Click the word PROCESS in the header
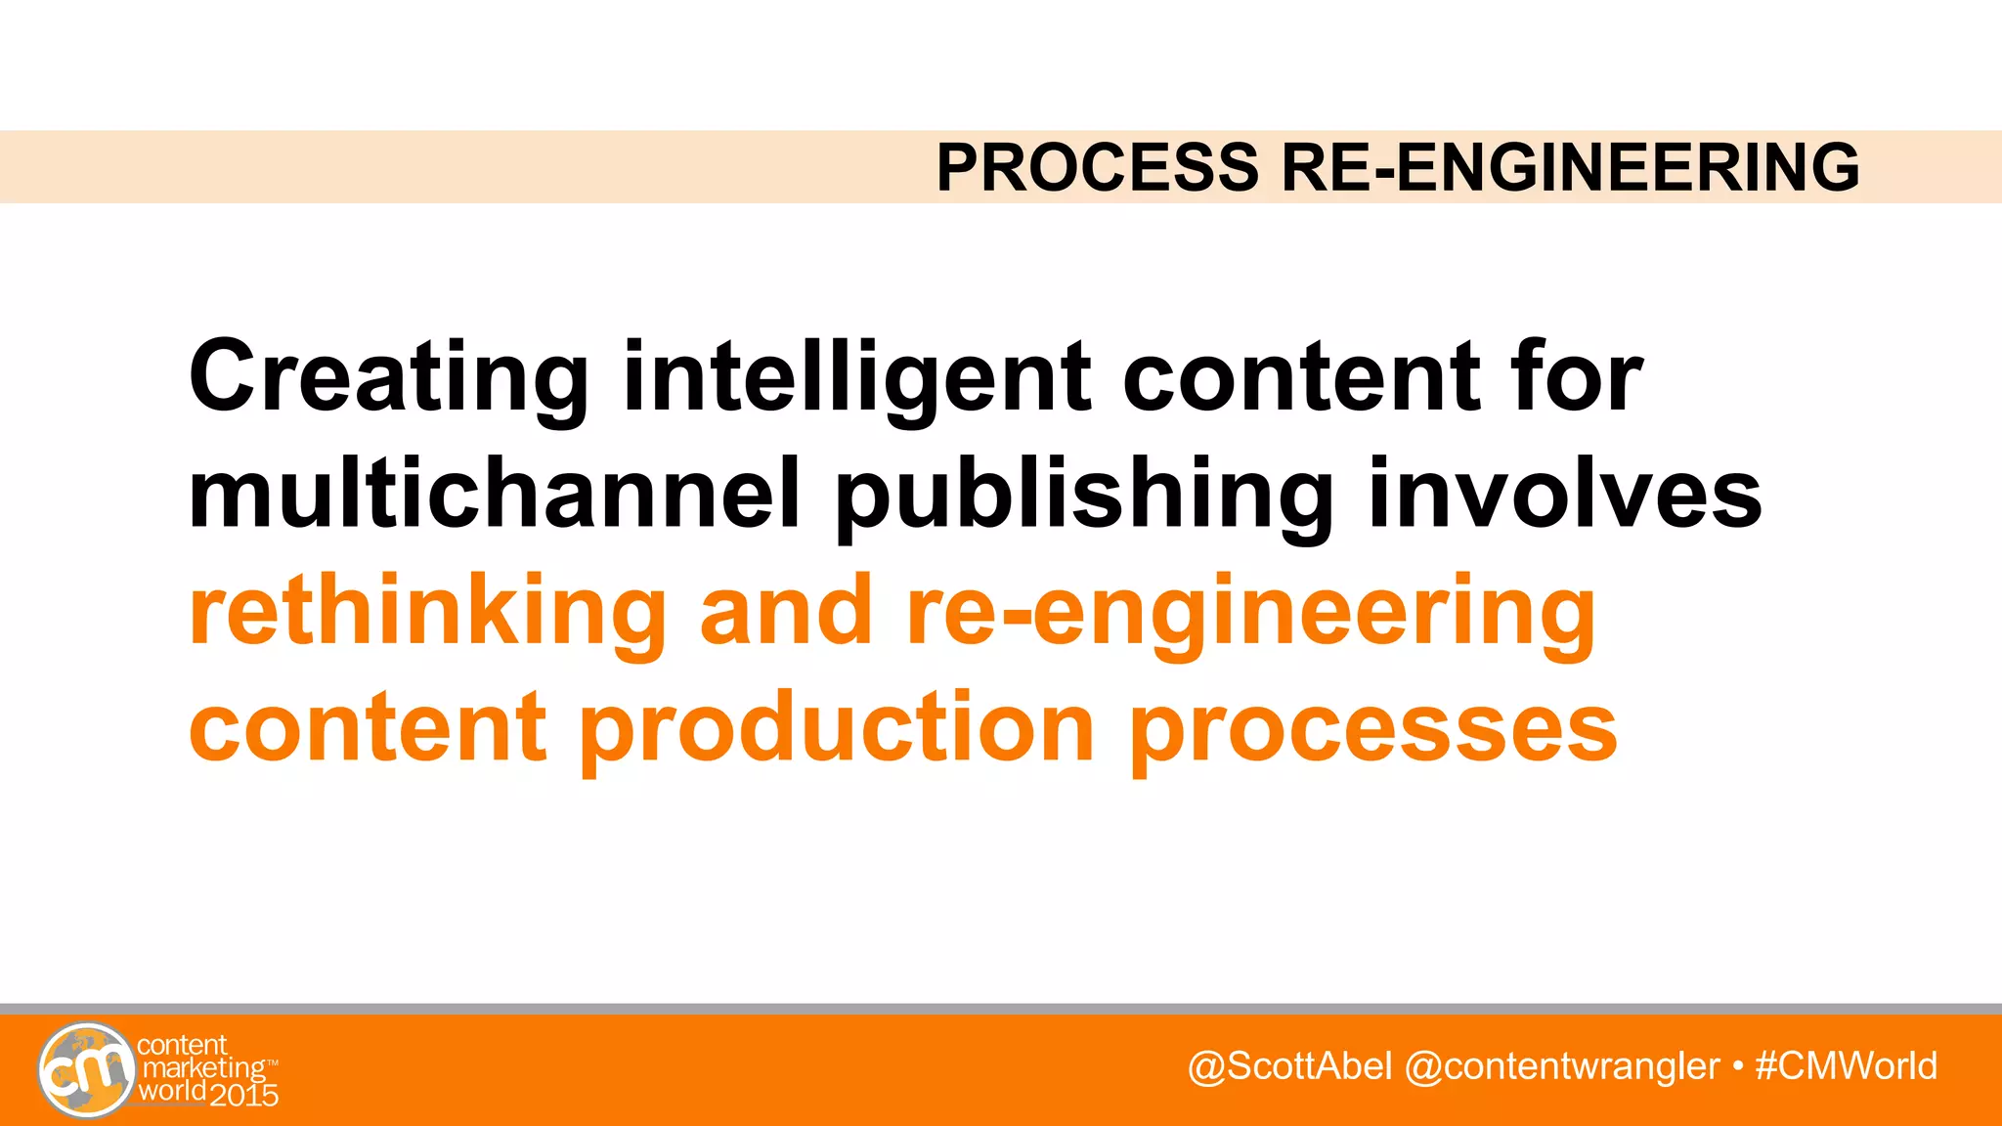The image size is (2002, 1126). [x=1097, y=167]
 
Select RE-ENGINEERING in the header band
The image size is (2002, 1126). [x=1570, y=167]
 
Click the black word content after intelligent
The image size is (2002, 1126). [x=1300, y=377]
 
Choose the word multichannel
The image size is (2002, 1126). [x=495, y=494]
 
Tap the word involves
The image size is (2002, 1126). [x=1564, y=494]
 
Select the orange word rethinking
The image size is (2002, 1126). [x=427, y=612]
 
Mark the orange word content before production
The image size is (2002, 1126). [x=367, y=728]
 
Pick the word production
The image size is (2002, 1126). [x=837, y=730]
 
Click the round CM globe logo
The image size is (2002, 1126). [x=86, y=1070]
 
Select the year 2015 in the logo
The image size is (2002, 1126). [x=244, y=1095]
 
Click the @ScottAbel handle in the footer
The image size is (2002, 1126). [x=1289, y=1066]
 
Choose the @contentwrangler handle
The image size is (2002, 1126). [x=1561, y=1066]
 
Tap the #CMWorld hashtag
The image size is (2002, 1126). [x=1846, y=1066]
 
